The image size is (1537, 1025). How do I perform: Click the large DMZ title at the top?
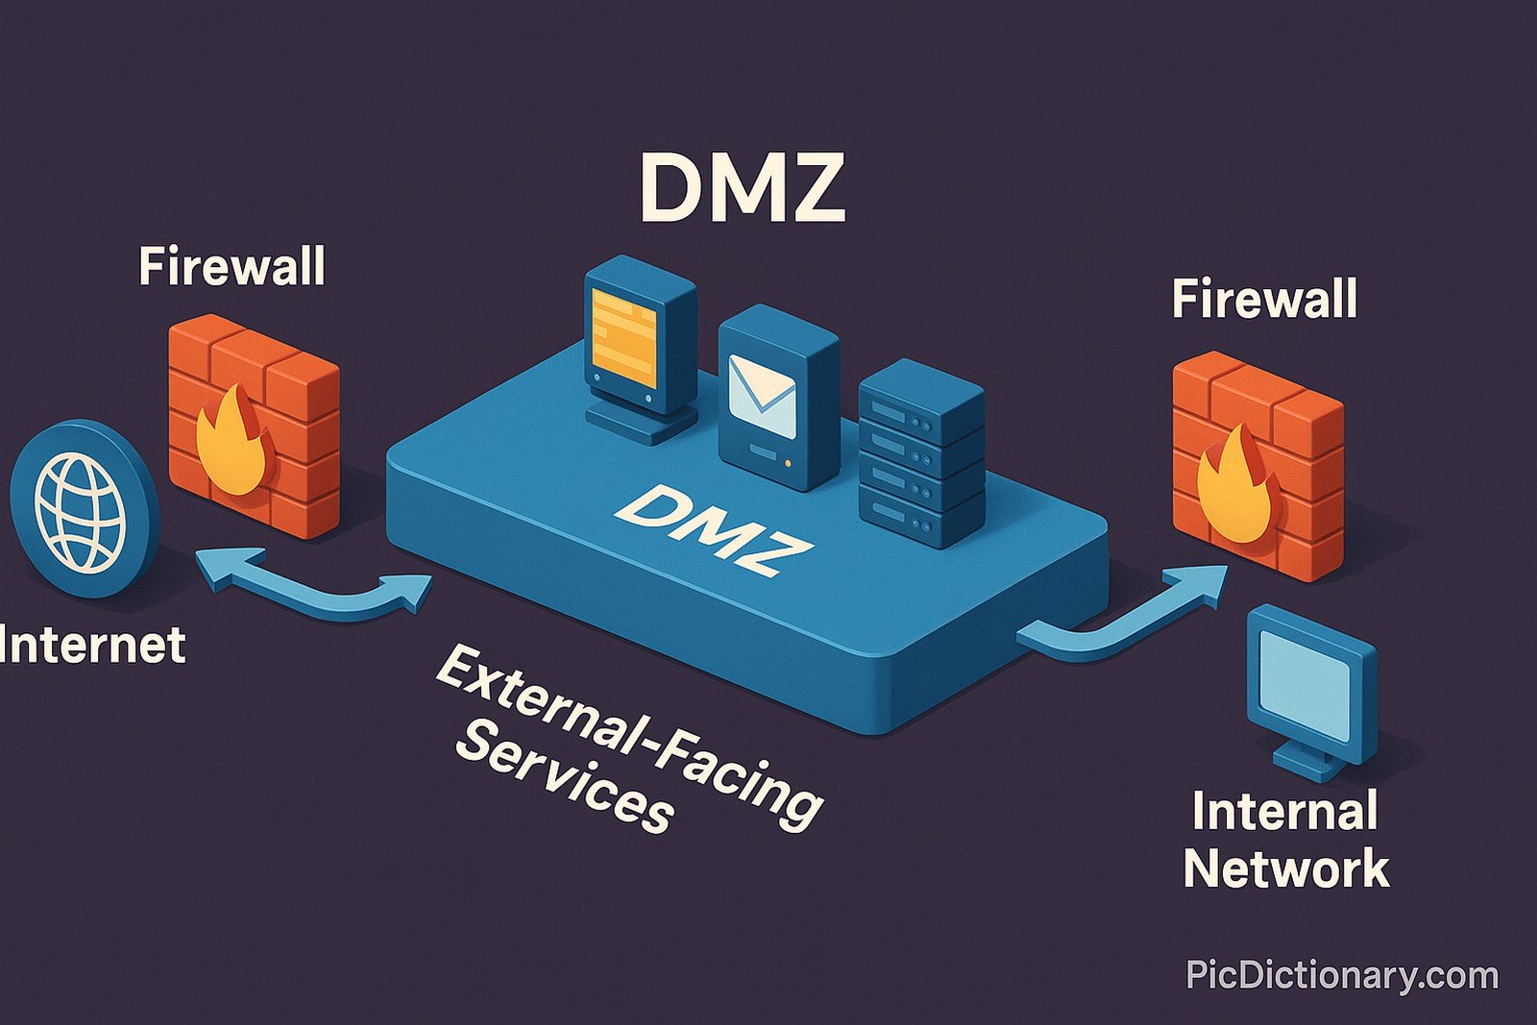742,188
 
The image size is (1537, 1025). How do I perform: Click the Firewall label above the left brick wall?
232,266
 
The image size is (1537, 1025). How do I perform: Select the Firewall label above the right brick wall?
1264,299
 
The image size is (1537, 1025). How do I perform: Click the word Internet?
92,645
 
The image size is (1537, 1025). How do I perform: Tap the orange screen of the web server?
624,339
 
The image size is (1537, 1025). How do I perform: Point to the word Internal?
1284,812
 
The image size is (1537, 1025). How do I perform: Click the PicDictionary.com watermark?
1341,975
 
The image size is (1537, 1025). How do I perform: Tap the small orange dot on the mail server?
788,464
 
